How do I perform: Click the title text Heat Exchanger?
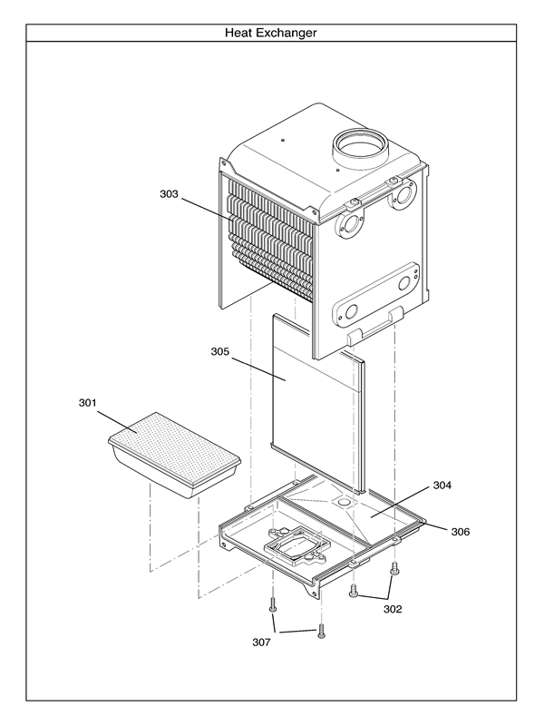point(271,33)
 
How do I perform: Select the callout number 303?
point(170,194)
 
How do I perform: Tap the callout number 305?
point(221,350)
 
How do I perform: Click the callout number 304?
point(442,486)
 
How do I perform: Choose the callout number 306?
point(460,532)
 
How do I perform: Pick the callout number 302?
point(392,609)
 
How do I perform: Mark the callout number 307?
point(261,643)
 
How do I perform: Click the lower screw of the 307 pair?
point(321,632)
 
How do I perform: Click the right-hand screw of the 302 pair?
point(394,571)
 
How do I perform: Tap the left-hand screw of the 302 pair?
point(354,591)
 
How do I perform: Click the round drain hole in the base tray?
point(345,500)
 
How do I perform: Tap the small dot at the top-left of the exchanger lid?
point(284,141)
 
